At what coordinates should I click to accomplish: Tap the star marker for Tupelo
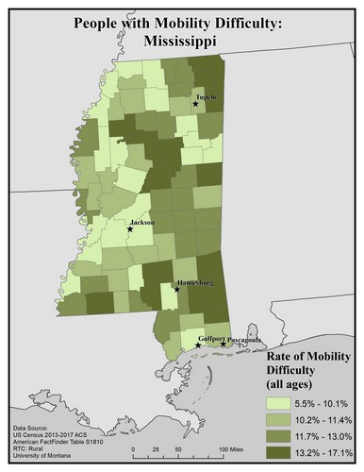coord(195,104)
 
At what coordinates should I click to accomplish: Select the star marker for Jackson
coord(130,228)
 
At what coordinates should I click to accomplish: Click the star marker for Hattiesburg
coord(177,290)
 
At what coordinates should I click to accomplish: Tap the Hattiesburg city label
coord(194,283)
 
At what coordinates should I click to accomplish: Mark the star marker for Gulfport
coord(197,346)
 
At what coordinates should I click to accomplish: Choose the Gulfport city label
coord(211,338)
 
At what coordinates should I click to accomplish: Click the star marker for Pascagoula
coord(223,345)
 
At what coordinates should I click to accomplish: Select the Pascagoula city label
coord(244,338)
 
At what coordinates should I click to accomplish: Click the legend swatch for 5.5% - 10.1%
coord(273,402)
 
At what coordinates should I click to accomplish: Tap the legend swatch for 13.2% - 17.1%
coord(273,451)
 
